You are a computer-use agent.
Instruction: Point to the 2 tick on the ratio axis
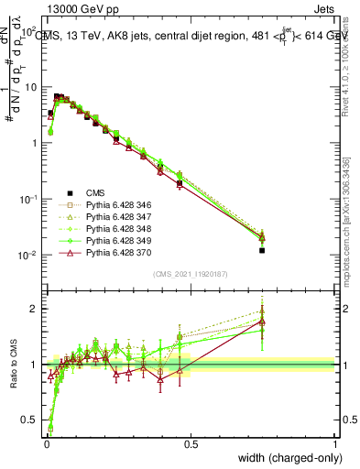[x=34, y=309]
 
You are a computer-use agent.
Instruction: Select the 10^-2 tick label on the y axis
[x=27, y=256]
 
